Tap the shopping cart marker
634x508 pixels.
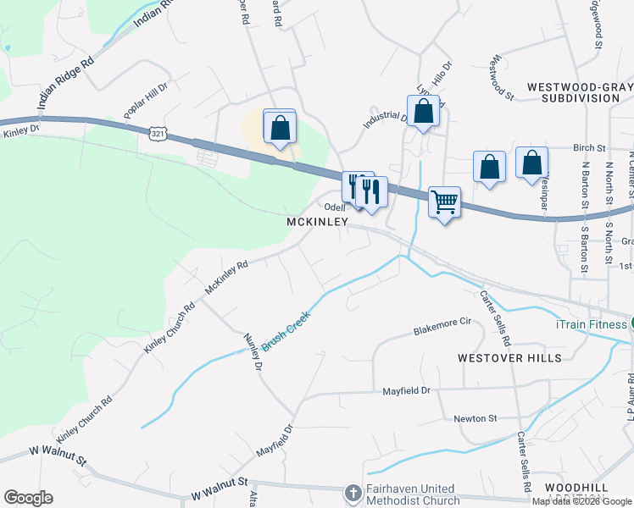(444, 203)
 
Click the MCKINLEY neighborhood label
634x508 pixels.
(318, 221)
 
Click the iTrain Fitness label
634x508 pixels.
(590, 323)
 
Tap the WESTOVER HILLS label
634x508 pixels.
(509, 358)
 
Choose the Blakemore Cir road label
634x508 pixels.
(442, 326)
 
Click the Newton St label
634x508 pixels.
(475, 418)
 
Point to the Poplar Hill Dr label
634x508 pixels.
(147, 100)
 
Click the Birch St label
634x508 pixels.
(591, 146)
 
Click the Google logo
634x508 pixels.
(28, 498)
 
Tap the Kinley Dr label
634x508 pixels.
(21, 130)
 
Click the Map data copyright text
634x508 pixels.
(581, 501)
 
